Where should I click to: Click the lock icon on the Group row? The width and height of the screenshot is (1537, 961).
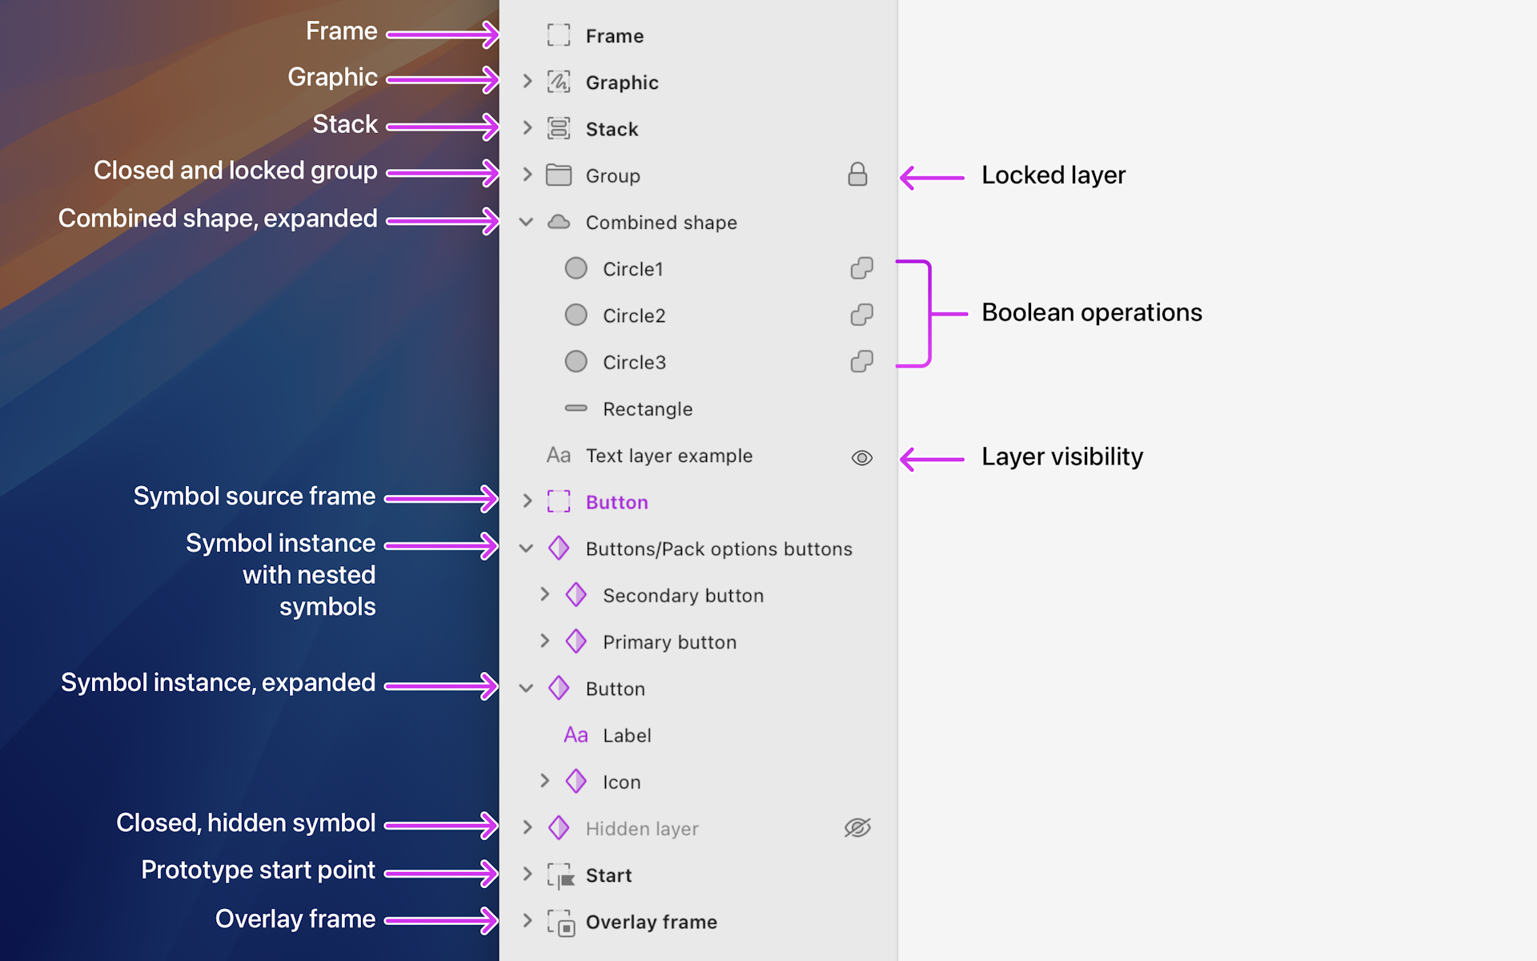[x=857, y=175]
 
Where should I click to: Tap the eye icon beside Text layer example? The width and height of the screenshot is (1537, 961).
[x=861, y=457]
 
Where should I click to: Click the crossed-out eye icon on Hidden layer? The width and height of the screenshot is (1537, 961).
[x=857, y=827]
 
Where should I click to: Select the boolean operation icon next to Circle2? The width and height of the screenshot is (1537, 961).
[x=861, y=315]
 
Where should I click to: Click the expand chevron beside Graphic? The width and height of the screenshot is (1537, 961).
[x=527, y=81]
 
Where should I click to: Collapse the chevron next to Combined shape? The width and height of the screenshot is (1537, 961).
[x=526, y=222]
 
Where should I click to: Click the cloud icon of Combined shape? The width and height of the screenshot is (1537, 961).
[x=559, y=222]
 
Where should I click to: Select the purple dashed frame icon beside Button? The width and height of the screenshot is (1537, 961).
[x=559, y=501]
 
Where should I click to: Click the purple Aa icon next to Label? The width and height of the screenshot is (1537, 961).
[x=576, y=734]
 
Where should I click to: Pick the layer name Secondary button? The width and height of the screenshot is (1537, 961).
[x=683, y=595]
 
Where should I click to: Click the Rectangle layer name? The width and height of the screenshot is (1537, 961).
[x=647, y=409]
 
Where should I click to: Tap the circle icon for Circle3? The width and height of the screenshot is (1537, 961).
[x=576, y=361]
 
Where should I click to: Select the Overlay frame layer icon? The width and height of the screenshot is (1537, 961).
[x=561, y=923]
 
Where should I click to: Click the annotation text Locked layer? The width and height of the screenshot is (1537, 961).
[x=1053, y=175]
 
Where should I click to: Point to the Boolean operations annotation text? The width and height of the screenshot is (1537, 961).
[x=1091, y=312]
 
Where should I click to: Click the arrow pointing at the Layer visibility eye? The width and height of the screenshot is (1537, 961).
[x=932, y=459]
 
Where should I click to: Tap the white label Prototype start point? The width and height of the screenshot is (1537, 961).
[x=258, y=870]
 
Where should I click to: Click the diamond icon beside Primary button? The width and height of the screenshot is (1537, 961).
[x=576, y=641]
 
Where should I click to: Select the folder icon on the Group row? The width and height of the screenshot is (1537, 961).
[x=559, y=175]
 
